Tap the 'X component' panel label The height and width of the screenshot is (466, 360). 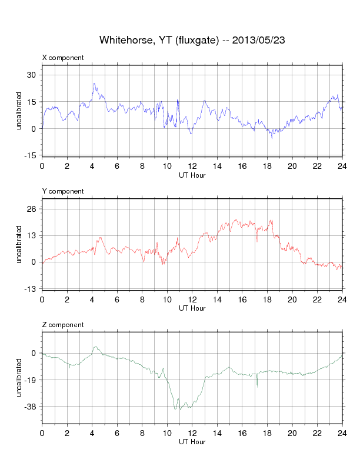coord(63,58)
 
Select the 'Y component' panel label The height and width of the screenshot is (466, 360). coord(63,191)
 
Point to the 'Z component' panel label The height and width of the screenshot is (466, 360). coord(63,325)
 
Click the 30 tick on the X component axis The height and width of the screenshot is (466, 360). coord(31,75)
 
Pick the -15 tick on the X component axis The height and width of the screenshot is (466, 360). coord(29,155)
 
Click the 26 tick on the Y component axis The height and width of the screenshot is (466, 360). coord(31,209)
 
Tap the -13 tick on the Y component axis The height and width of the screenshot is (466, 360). coord(29,289)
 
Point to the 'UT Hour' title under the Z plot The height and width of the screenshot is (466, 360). coord(192,442)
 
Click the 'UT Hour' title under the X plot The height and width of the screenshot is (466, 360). coord(192,175)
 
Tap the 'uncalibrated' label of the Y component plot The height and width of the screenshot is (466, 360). coord(19,244)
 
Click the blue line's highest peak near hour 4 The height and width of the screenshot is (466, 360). coord(94,84)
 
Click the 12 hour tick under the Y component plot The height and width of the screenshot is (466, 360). coord(192,299)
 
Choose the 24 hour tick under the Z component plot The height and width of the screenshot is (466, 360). coord(342,433)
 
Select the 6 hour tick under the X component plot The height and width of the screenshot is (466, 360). coord(117,166)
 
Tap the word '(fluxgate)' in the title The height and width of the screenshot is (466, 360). coord(198,40)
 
